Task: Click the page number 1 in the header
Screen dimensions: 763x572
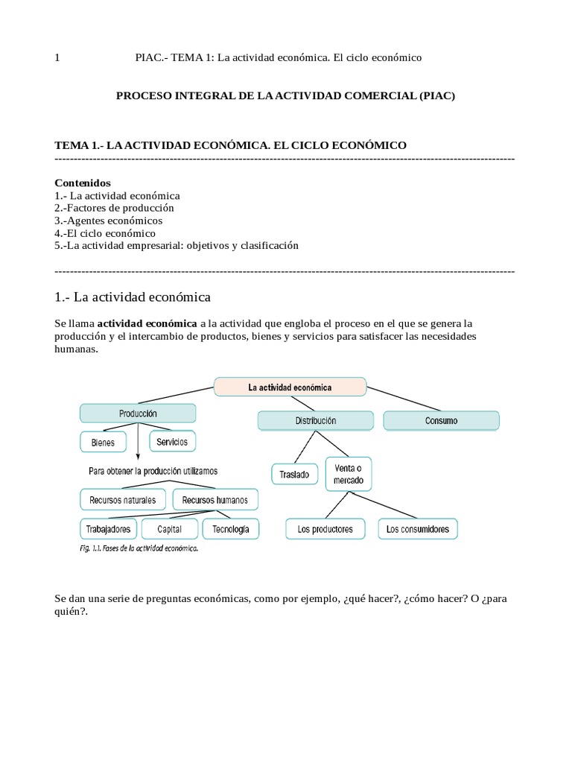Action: pyautogui.click(x=57, y=58)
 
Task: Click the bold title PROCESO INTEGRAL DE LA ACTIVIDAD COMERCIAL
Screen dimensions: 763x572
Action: pyautogui.click(x=285, y=96)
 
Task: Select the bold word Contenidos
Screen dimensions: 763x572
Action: pyautogui.click(x=83, y=183)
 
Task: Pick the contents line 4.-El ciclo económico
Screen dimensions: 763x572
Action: pyautogui.click(x=105, y=233)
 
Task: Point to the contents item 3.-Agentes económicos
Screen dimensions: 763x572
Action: pyautogui.click(x=109, y=221)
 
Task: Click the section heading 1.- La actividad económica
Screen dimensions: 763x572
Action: pyautogui.click(x=133, y=297)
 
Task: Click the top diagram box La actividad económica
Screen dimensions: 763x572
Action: pyautogui.click(x=290, y=387)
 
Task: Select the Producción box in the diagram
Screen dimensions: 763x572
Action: pyautogui.click(x=138, y=413)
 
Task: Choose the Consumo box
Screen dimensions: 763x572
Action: pyautogui.click(x=442, y=421)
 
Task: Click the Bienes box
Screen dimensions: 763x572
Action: pyautogui.click(x=103, y=442)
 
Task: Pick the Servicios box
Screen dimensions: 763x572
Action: pyautogui.click(x=173, y=441)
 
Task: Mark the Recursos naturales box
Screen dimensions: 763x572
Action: pyautogui.click(x=123, y=499)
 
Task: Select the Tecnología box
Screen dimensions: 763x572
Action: pyautogui.click(x=230, y=529)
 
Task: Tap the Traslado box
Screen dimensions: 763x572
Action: pyautogui.click(x=294, y=474)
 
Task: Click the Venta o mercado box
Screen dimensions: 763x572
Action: pyautogui.click(x=349, y=474)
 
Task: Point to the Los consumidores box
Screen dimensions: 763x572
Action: pyautogui.click(x=418, y=529)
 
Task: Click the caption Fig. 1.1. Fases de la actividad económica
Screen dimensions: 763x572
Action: pyautogui.click(x=139, y=548)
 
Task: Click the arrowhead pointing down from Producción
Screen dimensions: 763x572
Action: pyautogui.click(x=139, y=457)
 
